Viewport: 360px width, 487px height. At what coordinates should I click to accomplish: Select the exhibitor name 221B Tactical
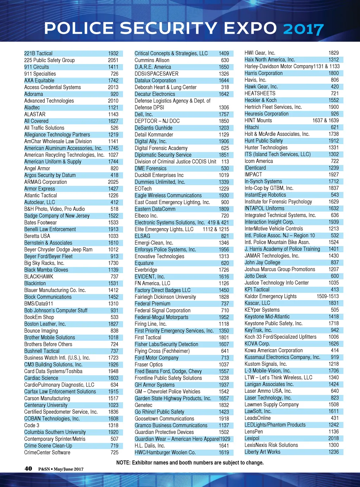pyautogui.click(x=38, y=53)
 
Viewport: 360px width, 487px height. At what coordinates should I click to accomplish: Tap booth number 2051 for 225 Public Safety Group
pyautogui.click(x=113, y=60)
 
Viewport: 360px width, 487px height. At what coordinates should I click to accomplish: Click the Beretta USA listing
pyautogui.click(x=37, y=236)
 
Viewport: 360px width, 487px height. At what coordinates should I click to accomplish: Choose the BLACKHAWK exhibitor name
pyautogui.click(x=39, y=277)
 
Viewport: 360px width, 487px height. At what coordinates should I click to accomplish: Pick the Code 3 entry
pyautogui.click(x=32, y=425)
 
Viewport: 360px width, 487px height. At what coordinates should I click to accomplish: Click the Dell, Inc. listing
pyautogui.click(x=143, y=114)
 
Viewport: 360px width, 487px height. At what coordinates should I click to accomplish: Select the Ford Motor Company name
pyautogui.click(x=156, y=358)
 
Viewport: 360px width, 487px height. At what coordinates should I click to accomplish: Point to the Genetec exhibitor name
pyautogui.click(x=143, y=405)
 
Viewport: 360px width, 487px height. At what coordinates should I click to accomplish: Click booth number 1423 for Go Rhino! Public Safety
pyautogui.click(x=224, y=412)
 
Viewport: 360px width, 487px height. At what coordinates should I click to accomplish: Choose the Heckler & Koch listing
pyautogui.click(x=261, y=100)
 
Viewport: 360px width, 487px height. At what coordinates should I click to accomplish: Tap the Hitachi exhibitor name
pyautogui.click(x=252, y=127)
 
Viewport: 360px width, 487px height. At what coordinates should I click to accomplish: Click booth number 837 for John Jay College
pyautogui.click(x=335, y=262)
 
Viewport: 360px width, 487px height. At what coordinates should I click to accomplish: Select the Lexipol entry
pyautogui.click(x=252, y=439)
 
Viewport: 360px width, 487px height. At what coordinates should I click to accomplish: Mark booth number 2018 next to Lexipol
pyautogui.click(x=334, y=439)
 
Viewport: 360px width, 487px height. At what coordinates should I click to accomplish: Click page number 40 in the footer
pyautogui.click(x=28, y=468)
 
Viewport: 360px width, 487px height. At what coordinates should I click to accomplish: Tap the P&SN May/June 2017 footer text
pyautogui.click(x=61, y=469)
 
